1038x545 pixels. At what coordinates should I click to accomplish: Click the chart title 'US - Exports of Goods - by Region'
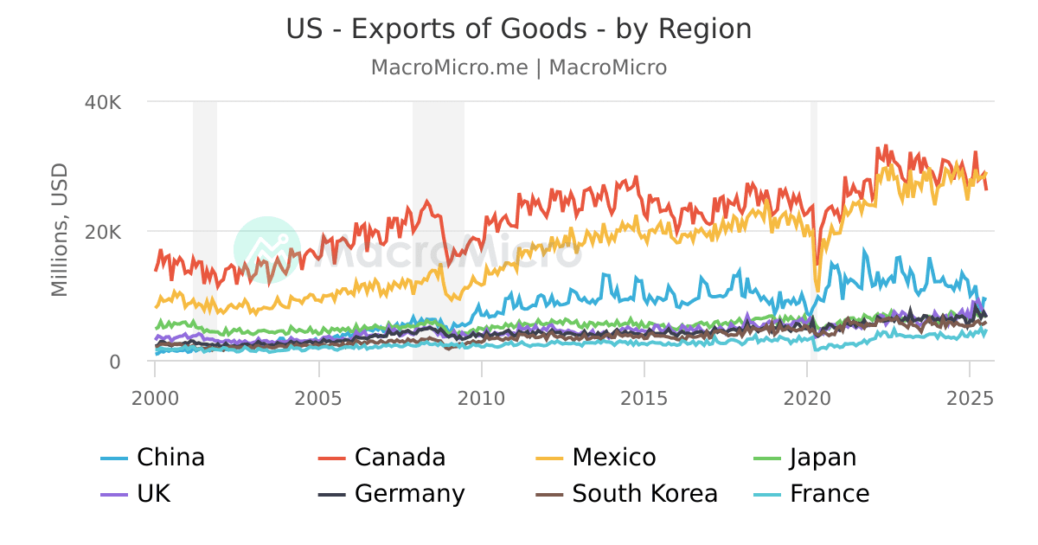click(519, 29)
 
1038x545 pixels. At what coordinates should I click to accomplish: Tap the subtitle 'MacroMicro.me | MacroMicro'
click(519, 67)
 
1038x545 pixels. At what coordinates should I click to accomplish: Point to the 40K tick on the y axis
click(103, 102)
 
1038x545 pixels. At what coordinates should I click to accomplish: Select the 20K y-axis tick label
click(103, 232)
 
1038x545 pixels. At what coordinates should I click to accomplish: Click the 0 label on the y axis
click(114, 362)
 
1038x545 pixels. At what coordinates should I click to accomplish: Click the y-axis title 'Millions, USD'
click(60, 229)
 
